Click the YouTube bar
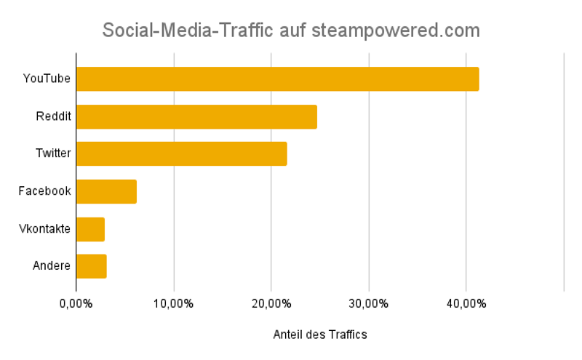(x=277, y=79)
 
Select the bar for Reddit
(x=196, y=116)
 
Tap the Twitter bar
(x=181, y=154)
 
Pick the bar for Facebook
(x=106, y=191)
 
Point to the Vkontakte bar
(x=90, y=229)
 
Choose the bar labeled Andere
(x=91, y=266)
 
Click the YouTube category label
(x=47, y=79)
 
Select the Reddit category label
(x=53, y=116)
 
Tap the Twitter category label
(x=53, y=154)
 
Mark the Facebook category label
(x=45, y=191)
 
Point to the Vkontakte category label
(x=45, y=229)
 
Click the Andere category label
(x=52, y=266)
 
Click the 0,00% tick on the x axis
(x=76, y=303)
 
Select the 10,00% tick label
(x=173, y=303)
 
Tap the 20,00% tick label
(x=271, y=303)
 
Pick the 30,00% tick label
(x=368, y=303)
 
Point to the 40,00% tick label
(x=466, y=303)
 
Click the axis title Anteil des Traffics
(x=320, y=335)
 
